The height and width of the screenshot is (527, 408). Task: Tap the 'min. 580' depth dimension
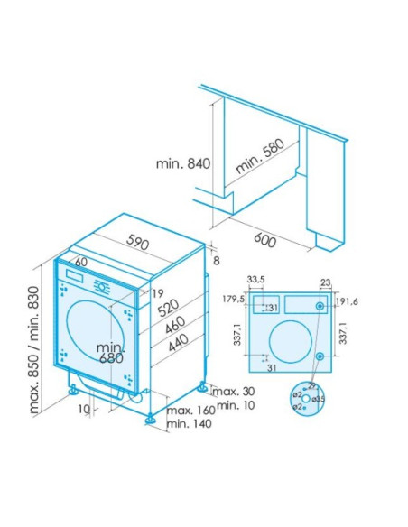coord(259,156)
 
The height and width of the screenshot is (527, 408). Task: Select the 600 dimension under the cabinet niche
coord(265,241)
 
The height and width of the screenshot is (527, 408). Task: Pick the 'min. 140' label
coord(189,424)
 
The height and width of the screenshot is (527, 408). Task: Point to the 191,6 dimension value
coord(348,301)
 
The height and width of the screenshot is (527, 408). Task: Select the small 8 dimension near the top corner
coord(217,261)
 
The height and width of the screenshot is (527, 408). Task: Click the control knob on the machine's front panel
coord(102,288)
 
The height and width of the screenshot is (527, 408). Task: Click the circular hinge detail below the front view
coord(306,397)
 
